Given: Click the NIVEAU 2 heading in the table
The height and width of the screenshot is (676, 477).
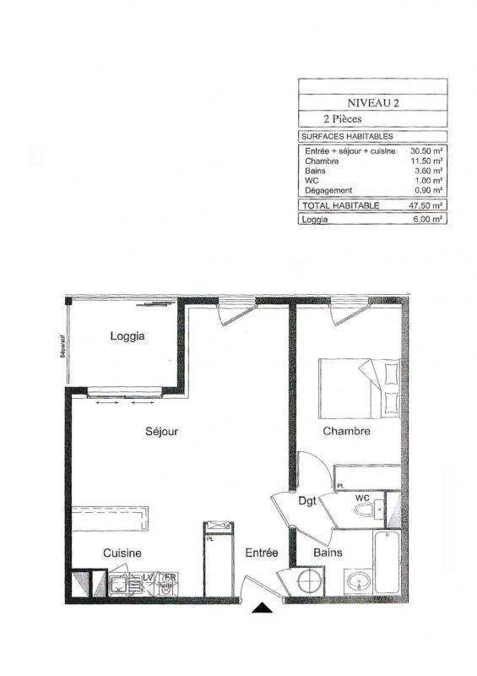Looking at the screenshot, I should [x=372, y=102].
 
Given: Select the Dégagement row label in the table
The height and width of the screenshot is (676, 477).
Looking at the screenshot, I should [x=329, y=191].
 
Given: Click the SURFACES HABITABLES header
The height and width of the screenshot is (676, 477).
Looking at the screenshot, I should [x=346, y=136].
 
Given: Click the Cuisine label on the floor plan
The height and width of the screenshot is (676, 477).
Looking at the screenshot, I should [x=122, y=553].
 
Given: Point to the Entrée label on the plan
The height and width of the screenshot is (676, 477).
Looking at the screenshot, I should [x=262, y=553].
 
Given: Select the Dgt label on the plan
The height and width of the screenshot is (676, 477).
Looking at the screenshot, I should [x=307, y=500].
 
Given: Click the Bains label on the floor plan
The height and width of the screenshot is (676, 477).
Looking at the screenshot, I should [x=328, y=553].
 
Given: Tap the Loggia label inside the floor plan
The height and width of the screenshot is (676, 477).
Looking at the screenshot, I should [x=127, y=336].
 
